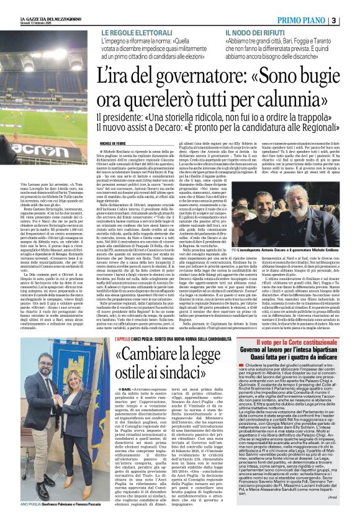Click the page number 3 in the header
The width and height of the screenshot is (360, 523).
[x=351, y=20]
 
